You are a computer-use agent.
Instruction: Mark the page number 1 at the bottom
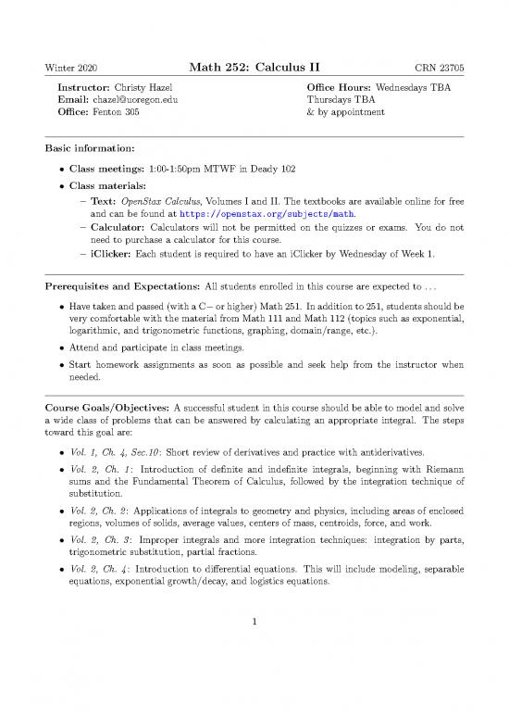coord(254,674)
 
